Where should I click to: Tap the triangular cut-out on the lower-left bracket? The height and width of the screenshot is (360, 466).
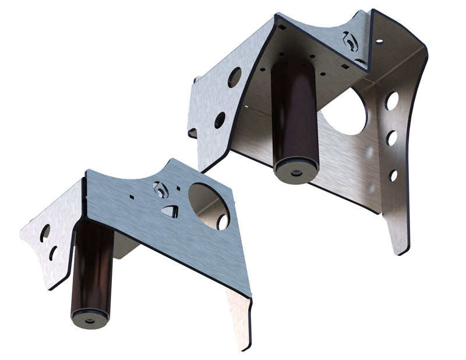pyautogui.click(x=170, y=211)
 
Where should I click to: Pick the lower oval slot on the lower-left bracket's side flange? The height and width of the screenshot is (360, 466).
pyautogui.click(x=53, y=253)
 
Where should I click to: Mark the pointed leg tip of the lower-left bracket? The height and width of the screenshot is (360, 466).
pyautogui.click(x=245, y=344)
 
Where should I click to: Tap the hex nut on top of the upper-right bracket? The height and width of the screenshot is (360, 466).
pyautogui.click(x=350, y=41)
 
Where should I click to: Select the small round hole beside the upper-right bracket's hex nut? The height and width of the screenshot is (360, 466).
pyautogui.click(x=379, y=41)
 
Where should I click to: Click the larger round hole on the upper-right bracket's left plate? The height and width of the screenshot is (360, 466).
pyautogui.click(x=234, y=77)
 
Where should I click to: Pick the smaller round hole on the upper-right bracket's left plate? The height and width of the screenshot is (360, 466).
pyautogui.click(x=220, y=120)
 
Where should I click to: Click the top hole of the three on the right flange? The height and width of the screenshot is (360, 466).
pyautogui.click(x=392, y=101)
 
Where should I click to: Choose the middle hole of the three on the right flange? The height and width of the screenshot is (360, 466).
pyautogui.click(x=391, y=138)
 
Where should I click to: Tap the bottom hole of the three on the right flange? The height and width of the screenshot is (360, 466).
pyautogui.click(x=393, y=175)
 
